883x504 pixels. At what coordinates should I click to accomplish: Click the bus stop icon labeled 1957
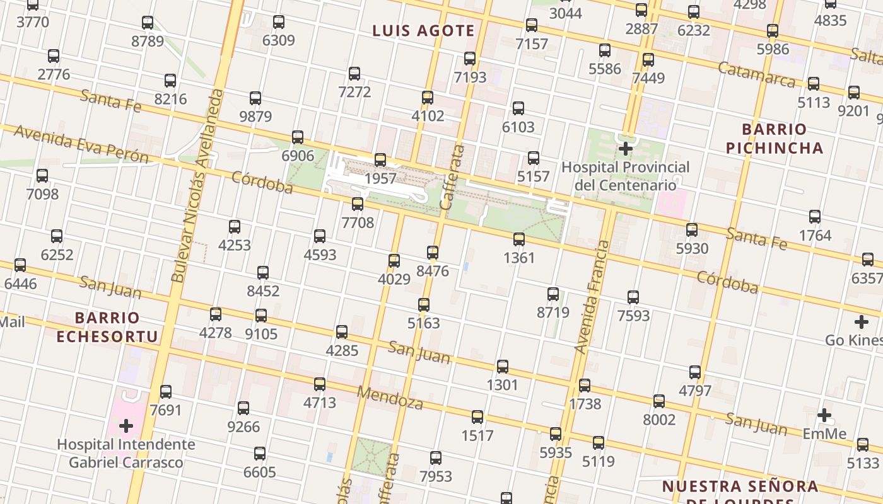[380, 160]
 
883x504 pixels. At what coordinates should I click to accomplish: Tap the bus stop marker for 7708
[358, 204]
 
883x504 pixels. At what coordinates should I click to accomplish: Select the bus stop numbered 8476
[433, 253]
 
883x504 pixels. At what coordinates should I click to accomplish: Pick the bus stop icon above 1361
[519, 239]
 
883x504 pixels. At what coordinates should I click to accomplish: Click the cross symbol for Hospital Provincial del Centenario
[626, 149]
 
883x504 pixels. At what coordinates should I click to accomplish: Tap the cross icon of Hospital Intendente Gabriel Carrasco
[126, 426]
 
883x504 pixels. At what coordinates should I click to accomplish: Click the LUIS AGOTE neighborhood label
[423, 31]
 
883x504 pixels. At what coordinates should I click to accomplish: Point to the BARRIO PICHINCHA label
[775, 139]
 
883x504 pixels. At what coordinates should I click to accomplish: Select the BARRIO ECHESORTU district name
[107, 327]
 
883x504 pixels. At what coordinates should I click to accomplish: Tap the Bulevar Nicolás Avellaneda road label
[198, 186]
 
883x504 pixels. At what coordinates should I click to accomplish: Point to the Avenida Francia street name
[594, 296]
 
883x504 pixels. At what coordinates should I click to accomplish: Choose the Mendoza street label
[390, 398]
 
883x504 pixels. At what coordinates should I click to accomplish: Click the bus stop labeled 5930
[692, 230]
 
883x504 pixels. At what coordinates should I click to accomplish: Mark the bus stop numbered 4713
[320, 384]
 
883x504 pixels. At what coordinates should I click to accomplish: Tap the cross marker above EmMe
[824, 415]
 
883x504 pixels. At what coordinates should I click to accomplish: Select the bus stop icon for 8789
[148, 23]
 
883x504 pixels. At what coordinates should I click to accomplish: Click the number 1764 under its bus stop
[815, 236]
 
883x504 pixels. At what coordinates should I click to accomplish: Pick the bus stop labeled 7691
[166, 392]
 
